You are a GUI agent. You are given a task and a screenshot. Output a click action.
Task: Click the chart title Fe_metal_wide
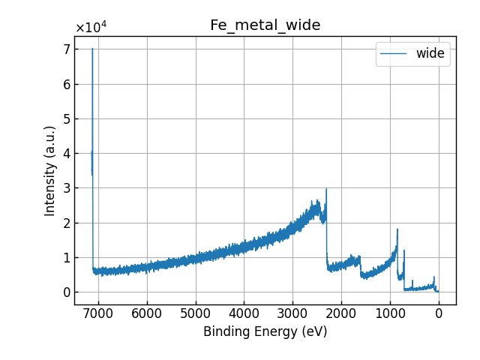[265, 25]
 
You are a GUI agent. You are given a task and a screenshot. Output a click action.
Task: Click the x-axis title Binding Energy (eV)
[265, 331]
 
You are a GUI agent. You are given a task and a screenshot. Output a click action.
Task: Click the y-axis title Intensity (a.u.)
[50, 171]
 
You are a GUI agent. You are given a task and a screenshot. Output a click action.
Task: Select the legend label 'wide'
[430, 53]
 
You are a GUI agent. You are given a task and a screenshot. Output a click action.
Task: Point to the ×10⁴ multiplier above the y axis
[91, 28]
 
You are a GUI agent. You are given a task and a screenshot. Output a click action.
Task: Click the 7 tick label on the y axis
[66, 49]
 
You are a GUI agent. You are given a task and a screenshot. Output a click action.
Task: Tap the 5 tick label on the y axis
[66, 119]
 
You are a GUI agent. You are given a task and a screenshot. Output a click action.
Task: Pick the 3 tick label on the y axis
[66, 188]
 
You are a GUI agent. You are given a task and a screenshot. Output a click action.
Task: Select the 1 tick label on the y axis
[66, 258]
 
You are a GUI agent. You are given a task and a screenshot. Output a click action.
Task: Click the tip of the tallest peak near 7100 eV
[93, 49]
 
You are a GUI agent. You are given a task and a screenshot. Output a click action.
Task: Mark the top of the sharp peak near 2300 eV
[326, 189]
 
